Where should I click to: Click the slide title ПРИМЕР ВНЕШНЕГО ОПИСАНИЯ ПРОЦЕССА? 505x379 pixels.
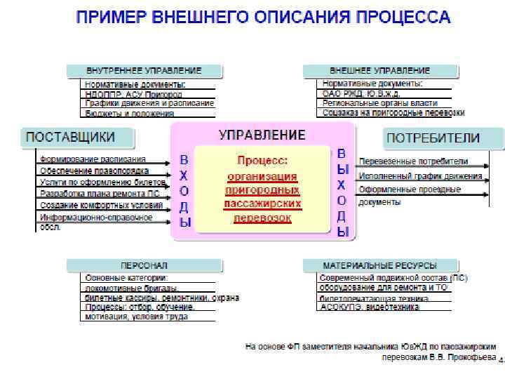[x=263, y=16]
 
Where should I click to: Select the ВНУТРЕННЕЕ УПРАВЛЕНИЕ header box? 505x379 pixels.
[x=144, y=71]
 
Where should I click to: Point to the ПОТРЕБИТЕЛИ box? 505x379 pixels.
[x=443, y=138]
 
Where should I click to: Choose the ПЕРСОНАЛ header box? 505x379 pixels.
[x=144, y=266]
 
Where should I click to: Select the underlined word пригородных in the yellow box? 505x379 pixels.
[x=262, y=189]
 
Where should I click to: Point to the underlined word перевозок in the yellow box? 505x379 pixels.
[x=262, y=218]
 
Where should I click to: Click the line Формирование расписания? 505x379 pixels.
[x=93, y=159]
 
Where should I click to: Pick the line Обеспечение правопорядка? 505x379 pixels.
[x=93, y=171]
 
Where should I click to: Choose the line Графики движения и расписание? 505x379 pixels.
[x=149, y=103]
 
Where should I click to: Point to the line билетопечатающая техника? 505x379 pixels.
[x=374, y=298]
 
